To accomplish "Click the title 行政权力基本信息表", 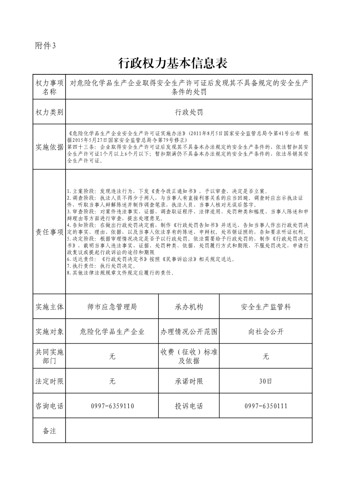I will click(172, 63).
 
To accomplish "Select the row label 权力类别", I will click(49, 112).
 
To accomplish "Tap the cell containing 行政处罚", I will click(189, 112).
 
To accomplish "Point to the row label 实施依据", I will click(49, 147).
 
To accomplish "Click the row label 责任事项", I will click(49, 232).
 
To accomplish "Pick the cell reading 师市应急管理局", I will click(112, 307).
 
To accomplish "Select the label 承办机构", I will click(189, 307).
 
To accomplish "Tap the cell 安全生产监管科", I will click(266, 307).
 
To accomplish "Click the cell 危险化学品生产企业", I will click(112, 332).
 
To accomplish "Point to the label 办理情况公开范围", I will click(189, 332).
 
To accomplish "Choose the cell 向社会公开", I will click(266, 332).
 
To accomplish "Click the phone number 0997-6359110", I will click(112, 406).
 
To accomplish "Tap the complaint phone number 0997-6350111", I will click(266, 406).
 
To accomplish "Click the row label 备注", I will click(49, 430).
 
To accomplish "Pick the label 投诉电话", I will click(189, 406).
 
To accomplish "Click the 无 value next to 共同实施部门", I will click(112, 357).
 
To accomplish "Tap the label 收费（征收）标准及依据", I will click(189, 357).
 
